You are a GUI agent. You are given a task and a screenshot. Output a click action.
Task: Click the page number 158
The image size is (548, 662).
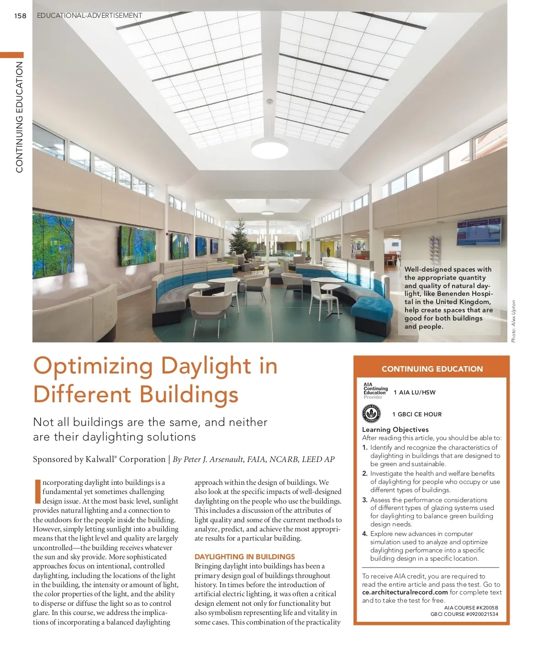20,16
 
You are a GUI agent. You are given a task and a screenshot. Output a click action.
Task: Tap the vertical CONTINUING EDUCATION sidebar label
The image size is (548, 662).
19,117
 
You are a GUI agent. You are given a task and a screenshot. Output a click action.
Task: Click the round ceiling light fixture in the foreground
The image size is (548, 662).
269,147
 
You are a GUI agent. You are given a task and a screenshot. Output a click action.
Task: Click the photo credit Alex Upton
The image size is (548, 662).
513,321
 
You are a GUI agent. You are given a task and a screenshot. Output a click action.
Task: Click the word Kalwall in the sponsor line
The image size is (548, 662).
100,459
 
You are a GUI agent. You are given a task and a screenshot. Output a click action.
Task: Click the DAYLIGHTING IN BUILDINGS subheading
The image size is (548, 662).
245,557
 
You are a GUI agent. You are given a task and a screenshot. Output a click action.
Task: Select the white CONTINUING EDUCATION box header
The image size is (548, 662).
432,369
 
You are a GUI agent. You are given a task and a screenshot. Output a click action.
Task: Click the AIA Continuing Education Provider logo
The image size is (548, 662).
375,391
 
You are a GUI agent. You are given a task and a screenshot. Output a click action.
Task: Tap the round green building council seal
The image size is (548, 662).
371,414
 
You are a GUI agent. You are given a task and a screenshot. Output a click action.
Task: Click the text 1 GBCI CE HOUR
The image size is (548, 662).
417,415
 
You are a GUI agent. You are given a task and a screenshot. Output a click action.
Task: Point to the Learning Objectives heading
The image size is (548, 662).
395,430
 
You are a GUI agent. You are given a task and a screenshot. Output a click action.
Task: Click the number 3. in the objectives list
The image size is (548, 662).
365,500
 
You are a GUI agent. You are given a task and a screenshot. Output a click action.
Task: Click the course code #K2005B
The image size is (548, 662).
487,608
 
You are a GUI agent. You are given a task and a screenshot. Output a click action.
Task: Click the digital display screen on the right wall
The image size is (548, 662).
479,232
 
